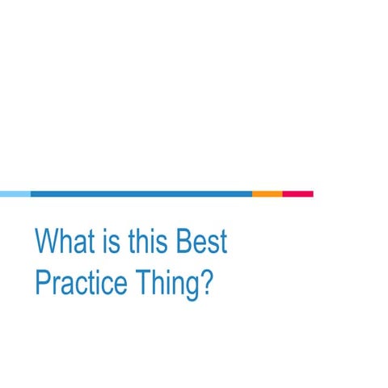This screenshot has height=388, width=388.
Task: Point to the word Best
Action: tap(201, 242)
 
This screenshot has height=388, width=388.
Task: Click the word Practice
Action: tap(81, 284)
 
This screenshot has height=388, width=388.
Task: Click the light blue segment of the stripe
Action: tap(15, 194)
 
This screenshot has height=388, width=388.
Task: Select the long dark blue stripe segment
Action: tap(141, 194)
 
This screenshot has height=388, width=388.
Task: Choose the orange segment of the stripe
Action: tap(267, 194)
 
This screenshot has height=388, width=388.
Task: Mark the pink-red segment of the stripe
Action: tap(297, 194)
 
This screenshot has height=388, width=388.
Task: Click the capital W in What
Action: tap(47, 242)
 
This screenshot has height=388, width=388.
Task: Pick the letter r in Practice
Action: tap(57, 287)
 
